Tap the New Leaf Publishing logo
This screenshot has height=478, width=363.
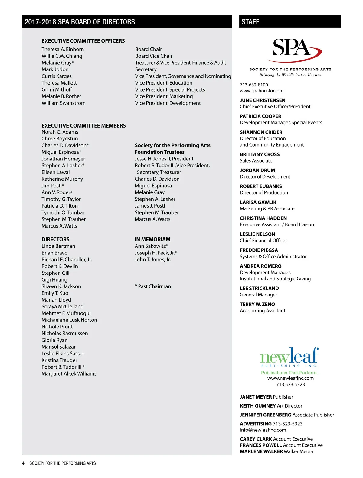pos(289,357)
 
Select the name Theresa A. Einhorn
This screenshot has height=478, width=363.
pos(63,49)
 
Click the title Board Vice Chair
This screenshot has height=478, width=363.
pos(154,56)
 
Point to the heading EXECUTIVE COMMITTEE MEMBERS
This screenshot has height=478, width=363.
pos(84,125)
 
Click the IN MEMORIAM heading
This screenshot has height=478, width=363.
pos(152,239)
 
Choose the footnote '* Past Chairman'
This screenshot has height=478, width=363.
pos(153,286)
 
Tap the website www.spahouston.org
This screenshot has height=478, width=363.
pos(262,91)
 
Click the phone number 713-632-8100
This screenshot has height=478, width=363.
pos(254,85)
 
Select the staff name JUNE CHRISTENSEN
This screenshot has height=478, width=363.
pos(263,100)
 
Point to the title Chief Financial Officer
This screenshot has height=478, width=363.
pos(263,241)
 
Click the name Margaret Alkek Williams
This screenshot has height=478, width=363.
pos(69,373)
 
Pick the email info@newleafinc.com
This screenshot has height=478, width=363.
pos(263,430)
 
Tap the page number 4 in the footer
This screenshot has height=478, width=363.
pos(23,463)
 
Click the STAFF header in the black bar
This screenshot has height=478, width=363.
pos(250,22)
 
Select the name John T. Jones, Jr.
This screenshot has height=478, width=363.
pos(153,260)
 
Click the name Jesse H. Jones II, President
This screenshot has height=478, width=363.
pos(164,159)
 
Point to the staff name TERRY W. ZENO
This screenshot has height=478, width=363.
pos(257,304)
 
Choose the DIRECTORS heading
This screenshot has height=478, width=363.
pos(56,239)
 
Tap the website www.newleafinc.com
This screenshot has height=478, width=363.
pos(290,378)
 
